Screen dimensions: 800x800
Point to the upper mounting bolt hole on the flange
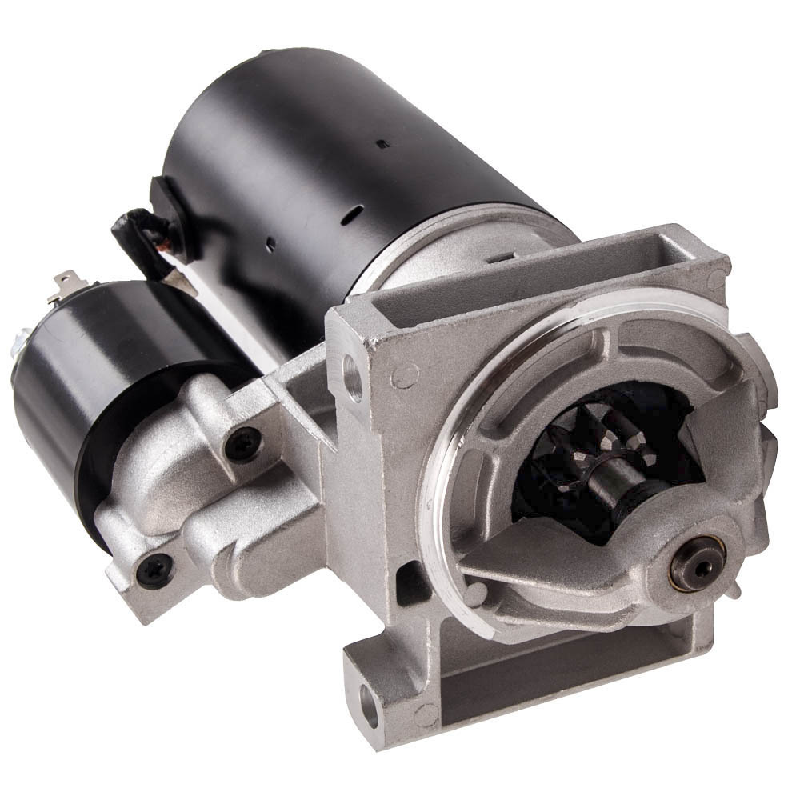[353, 377]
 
